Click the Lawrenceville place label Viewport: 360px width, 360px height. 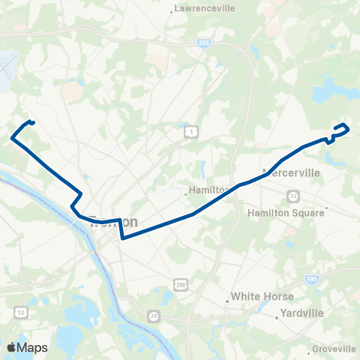(204, 8)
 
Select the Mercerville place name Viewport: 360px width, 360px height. (294, 172)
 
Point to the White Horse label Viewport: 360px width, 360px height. (262, 296)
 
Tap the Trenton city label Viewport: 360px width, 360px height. (114, 223)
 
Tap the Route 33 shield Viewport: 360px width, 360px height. (292, 196)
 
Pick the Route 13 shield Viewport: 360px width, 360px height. (19, 310)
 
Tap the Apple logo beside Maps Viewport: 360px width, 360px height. (11, 347)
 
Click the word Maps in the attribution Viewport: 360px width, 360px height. (33, 347)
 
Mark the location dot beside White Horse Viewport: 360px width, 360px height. (227, 302)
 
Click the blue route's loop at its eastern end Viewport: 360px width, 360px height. (340, 130)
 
